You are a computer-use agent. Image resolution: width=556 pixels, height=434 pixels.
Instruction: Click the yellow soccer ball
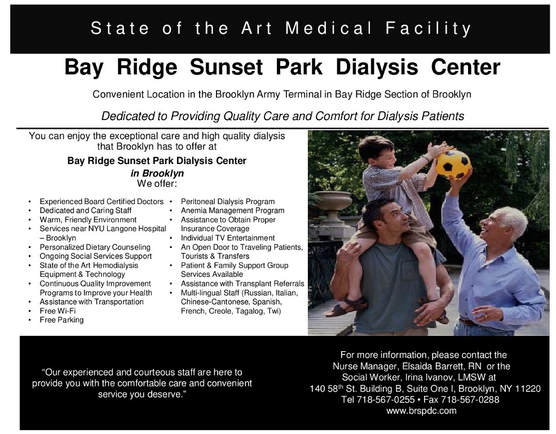tap(453, 165)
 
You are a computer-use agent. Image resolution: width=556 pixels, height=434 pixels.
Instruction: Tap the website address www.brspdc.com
tap(421, 411)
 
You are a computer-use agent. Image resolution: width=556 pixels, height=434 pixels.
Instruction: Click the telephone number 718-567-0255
tap(386, 400)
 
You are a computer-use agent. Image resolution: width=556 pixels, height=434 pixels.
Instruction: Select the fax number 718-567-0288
tap(470, 400)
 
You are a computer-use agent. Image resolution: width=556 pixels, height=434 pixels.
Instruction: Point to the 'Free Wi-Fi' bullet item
tap(58, 311)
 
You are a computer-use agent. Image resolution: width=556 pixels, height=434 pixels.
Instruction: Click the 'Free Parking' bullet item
tap(61, 320)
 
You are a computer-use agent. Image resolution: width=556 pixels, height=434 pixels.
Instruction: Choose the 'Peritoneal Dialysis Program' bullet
tap(228, 202)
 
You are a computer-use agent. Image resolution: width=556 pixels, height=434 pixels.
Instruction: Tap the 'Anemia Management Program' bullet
tap(233, 210)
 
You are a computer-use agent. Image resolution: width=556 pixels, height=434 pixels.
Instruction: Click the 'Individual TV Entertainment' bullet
tap(228, 238)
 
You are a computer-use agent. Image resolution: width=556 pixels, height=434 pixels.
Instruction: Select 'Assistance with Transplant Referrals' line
tap(242, 284)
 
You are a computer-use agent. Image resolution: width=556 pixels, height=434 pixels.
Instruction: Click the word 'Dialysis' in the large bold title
tap(377, 67)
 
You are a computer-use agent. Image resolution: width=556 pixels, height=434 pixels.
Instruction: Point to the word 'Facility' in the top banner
tap(429, 28)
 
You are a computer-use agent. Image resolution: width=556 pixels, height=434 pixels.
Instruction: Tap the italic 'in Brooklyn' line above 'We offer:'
tap(157, 173)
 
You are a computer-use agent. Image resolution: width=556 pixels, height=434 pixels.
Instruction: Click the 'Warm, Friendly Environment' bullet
tap(88, 220)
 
